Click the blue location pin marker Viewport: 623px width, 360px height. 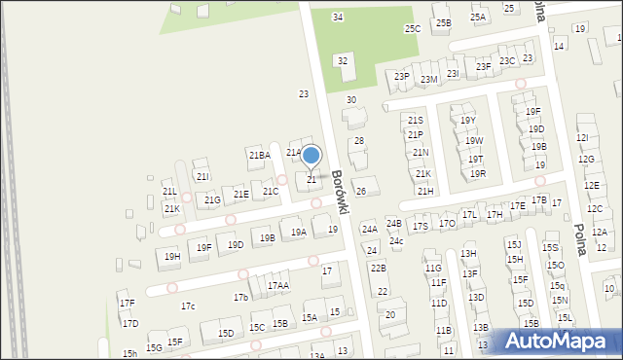click(x=311, y=156)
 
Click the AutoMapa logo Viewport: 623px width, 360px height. click(x=559, y=341)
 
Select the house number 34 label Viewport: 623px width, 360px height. click(x=337, y=18)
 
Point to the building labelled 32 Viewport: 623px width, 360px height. click(x=342, y=61)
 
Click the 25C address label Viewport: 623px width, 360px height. click(x=413, y=29)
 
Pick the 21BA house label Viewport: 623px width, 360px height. click(x=259, y=155)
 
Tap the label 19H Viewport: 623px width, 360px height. click(x=172, y=257)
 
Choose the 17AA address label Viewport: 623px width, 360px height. click(x=277, y=286)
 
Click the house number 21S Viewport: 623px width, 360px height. click(x=416, y=120)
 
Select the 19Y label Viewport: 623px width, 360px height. click(x=468, y=121)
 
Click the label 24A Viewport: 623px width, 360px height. click(x=369, y=230)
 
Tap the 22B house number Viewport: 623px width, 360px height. click(x=378, y=268)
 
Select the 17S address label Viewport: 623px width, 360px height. click(x=420, y=226)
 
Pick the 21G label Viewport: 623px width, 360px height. click(x=211, y=200)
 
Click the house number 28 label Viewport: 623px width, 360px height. click(x=358, y=141)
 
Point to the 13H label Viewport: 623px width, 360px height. click(x=468, y=253)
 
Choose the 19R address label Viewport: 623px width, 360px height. click(x=477, y=174)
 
